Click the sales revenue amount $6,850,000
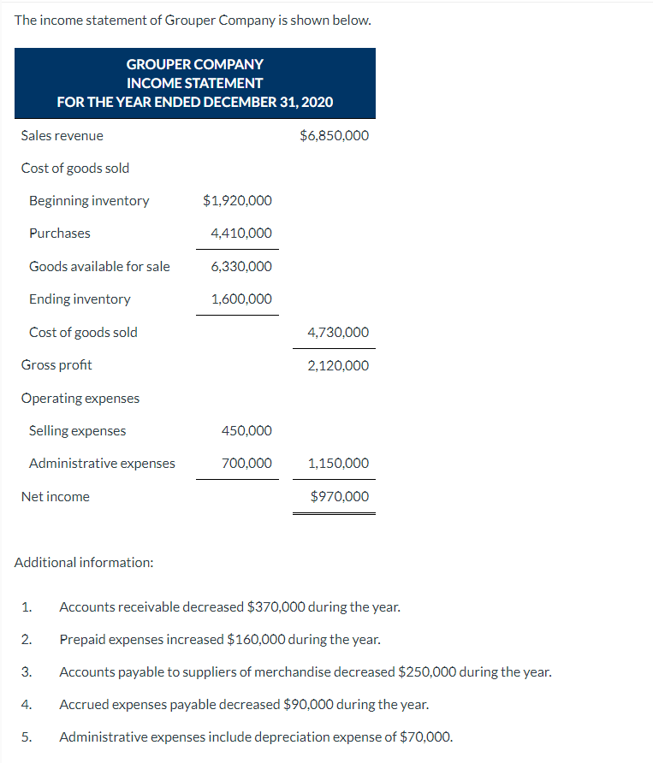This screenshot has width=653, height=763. [335, 135]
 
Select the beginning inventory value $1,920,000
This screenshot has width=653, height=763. [237, 201]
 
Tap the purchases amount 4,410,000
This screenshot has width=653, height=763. [241, 234]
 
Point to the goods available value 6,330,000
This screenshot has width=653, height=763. [241, 266]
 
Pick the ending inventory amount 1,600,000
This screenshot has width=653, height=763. [241, 299]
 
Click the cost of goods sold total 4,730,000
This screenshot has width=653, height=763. [338, 332]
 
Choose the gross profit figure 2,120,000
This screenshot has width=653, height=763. [338, 365]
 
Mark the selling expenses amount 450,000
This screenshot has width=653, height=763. [246, 431]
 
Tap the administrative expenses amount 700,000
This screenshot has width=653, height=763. [246, 464]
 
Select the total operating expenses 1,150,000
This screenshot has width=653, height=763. [338, 464]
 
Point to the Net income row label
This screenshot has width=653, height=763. [55, 496]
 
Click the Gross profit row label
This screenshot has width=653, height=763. [56, 365]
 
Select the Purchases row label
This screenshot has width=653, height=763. [59, 234]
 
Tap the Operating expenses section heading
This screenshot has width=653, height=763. [80, 398]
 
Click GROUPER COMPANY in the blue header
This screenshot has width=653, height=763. [195, 64]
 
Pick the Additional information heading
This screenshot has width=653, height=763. [84, 563]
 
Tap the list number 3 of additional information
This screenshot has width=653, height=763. [27, 672]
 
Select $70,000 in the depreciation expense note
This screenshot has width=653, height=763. [424, 736]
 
